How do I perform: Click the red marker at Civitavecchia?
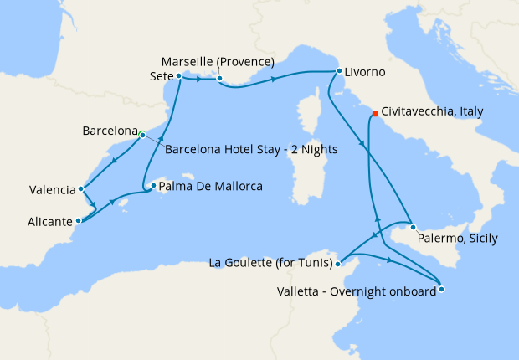click(374, 112)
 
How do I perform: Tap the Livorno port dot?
click(339, 71)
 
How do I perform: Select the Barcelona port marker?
click(142, 134)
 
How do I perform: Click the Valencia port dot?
click(80, 189)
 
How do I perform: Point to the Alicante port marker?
click(79, 221)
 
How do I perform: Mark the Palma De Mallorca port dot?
click(152, 187)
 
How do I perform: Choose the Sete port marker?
click(179, 75)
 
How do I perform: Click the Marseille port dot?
click(218, 80)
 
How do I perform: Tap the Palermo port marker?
click(413, 227)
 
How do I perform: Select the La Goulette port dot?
click(337, 264)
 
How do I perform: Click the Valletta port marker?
click(441, 290)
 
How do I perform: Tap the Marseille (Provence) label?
click(218, 63)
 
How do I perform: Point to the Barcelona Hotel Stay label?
click(251, 151)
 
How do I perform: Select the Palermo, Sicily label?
click(459, 239)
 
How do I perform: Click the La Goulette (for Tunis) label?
click(269, 264)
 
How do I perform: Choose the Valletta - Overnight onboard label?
click(357, 291)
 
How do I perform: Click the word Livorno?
click(365, 73)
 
